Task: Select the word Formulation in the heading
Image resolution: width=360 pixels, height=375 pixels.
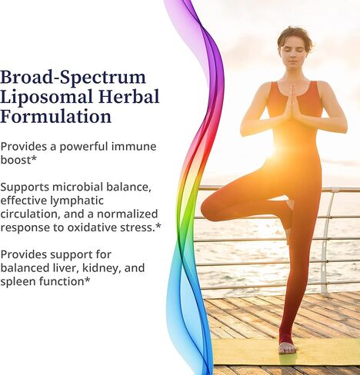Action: [56, 118]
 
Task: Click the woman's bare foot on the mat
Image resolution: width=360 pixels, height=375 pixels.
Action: [287, 347]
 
